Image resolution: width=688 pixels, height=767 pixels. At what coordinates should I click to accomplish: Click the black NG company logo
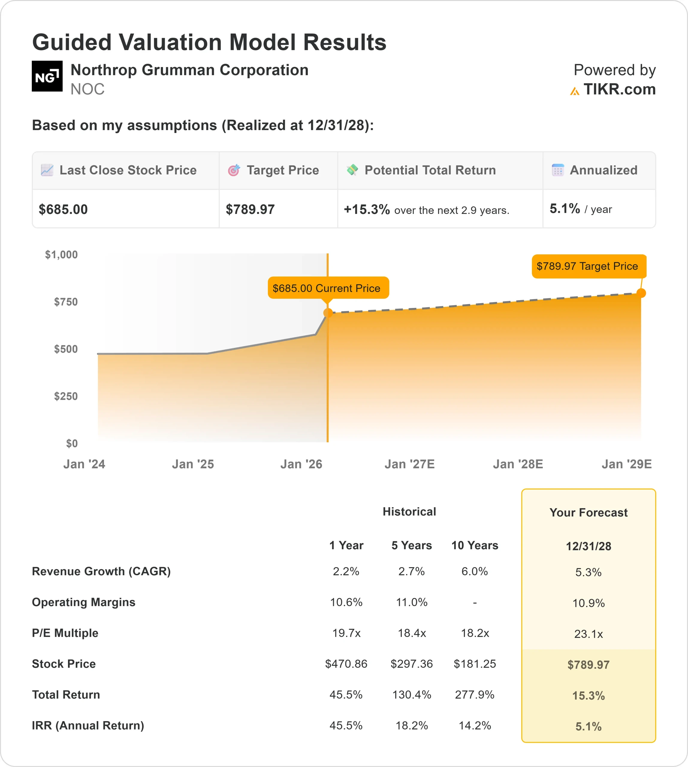click(47, 76)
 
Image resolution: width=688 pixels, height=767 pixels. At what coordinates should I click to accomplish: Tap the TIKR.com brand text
click(619, 90)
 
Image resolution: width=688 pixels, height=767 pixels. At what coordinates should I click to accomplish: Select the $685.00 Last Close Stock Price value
click(63, 209)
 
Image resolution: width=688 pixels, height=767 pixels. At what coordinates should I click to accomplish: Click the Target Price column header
click(282, 170)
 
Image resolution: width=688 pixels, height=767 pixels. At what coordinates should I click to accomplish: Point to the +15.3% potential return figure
click(366, 209)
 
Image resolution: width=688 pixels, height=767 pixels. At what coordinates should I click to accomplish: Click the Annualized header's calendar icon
click(558, 170)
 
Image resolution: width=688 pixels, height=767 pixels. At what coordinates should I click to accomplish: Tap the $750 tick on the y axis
click(66, 302)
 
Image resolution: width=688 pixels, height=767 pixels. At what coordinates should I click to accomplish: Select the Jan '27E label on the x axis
click(409, 464)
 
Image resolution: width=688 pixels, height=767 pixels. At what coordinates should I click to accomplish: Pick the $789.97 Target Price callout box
click(589, 266)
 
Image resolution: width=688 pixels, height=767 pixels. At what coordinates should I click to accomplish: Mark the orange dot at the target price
click(641, 293)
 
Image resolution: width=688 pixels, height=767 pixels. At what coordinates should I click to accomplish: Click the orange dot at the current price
click(328, 312)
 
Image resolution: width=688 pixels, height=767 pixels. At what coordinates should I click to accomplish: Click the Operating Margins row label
click(84, 602)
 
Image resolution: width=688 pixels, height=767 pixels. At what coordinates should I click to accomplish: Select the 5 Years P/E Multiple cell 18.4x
click(412, 633)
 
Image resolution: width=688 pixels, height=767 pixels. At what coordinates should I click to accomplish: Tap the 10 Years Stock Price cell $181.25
click(474, 664)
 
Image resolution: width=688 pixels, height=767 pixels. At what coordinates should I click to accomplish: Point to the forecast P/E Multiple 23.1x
click(588, 634)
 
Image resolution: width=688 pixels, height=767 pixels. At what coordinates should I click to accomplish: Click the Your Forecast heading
click(588, 513)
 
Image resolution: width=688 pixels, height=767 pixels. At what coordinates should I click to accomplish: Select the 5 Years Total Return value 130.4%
click(412, 694)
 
